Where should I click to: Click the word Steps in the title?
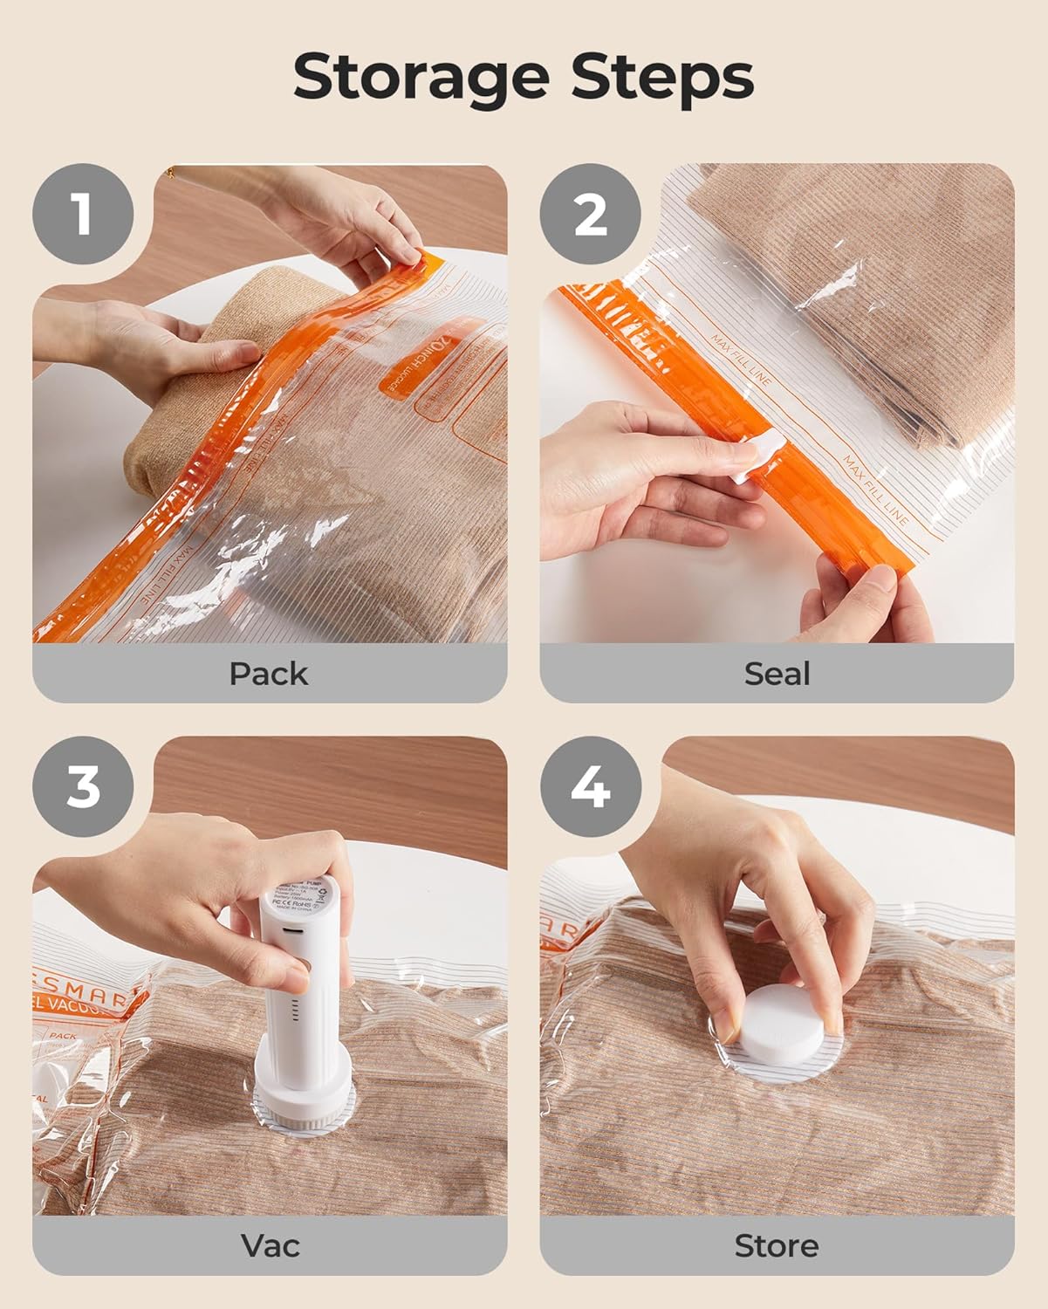(662, 79)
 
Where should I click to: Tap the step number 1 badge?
(83, 213)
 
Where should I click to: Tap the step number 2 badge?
(591, 213)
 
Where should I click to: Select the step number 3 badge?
(83, 786)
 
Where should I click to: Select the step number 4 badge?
(591, 786)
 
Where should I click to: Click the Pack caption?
(269, 674)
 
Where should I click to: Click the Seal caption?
(777, 674)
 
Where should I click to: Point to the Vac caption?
(270, 1245)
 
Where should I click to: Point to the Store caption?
(777, 1245)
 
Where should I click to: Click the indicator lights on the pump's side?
(294, 1014)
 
